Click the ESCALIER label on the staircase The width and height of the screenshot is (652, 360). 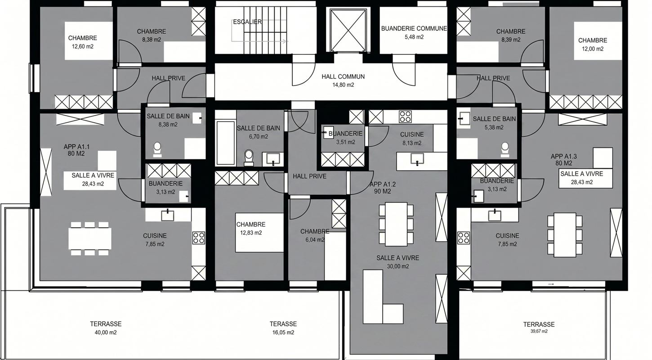[247, 22]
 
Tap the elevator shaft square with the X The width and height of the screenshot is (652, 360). [348, 30]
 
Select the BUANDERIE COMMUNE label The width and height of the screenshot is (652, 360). [414, 28]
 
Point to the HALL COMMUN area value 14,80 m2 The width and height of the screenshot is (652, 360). [343, 85]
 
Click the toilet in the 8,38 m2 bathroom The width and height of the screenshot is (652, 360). [157, 150]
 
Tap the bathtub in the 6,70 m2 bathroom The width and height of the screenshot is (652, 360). [226, 143]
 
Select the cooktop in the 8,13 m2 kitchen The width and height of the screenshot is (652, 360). [405, 117]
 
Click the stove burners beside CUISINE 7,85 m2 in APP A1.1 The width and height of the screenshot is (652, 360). [198, 238]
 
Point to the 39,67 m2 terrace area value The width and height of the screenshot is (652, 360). [539, 332]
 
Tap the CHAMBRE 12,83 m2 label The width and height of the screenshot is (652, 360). [251, 229]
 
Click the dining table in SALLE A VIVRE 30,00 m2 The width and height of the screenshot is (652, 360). [396, 224]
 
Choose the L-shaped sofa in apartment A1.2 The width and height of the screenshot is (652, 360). [383, 297]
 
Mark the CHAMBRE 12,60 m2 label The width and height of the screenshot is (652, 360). [83, 42]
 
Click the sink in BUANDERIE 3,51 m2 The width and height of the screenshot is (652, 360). [328, 133]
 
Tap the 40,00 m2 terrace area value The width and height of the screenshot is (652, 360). [106, 333]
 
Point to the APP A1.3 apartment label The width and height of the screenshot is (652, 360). [564, 160]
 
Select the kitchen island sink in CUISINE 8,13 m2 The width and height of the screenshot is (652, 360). [417, 159]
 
